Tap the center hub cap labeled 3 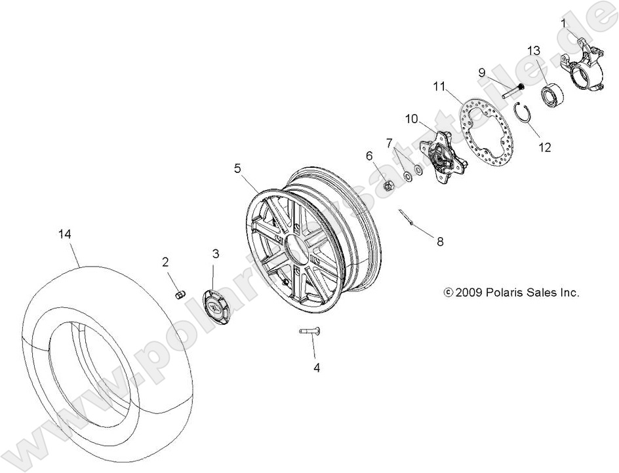216,302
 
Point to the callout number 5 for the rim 237,168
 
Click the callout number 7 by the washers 388,142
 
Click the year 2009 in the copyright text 468,293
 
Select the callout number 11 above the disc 439,86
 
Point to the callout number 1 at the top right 563,23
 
